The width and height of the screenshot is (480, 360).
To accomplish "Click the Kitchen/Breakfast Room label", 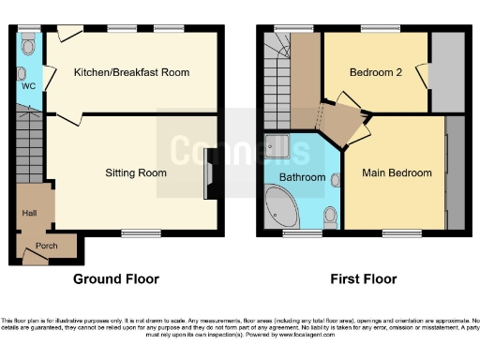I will (x=132, y=72).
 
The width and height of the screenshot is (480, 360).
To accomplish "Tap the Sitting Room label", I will (x=135, y=172).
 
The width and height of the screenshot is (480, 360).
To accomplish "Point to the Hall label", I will (x=29, y=214).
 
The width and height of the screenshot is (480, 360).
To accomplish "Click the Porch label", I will (x=46, y=247).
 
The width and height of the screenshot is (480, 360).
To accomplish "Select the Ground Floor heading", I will (x=116, y=279).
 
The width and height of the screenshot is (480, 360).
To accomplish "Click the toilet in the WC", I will (x=28, y=44).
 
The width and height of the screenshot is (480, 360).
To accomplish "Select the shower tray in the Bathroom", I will (x=278, y=145).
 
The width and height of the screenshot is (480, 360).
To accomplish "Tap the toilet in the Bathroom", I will (x=329, y=217).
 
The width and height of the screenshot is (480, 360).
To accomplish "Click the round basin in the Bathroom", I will (x=335, y=178).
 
